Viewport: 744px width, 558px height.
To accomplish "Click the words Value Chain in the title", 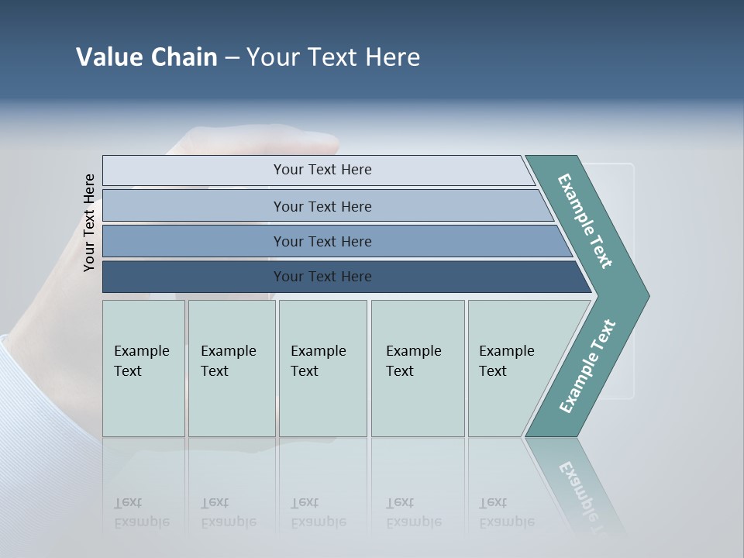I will (146, 57).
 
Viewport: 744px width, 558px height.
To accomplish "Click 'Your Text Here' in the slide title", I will (333, 57).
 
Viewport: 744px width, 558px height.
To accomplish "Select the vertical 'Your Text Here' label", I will (89, 222).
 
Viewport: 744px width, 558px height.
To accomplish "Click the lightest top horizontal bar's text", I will (322, 170).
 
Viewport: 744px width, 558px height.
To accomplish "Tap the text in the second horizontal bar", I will (322, 206).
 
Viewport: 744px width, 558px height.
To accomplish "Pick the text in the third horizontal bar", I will (322, 242).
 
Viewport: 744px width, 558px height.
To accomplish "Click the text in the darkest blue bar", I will (322, 277).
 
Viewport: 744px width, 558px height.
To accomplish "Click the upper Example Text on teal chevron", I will (585, 221).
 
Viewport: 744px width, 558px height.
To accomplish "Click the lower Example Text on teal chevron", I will (587, 367).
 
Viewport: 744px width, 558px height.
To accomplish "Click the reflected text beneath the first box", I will (142, 513).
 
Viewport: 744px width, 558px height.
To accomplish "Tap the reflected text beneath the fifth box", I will (506, 513).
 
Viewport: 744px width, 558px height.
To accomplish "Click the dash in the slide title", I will (232, 58).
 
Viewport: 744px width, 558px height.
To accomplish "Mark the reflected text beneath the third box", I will (318, 513).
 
